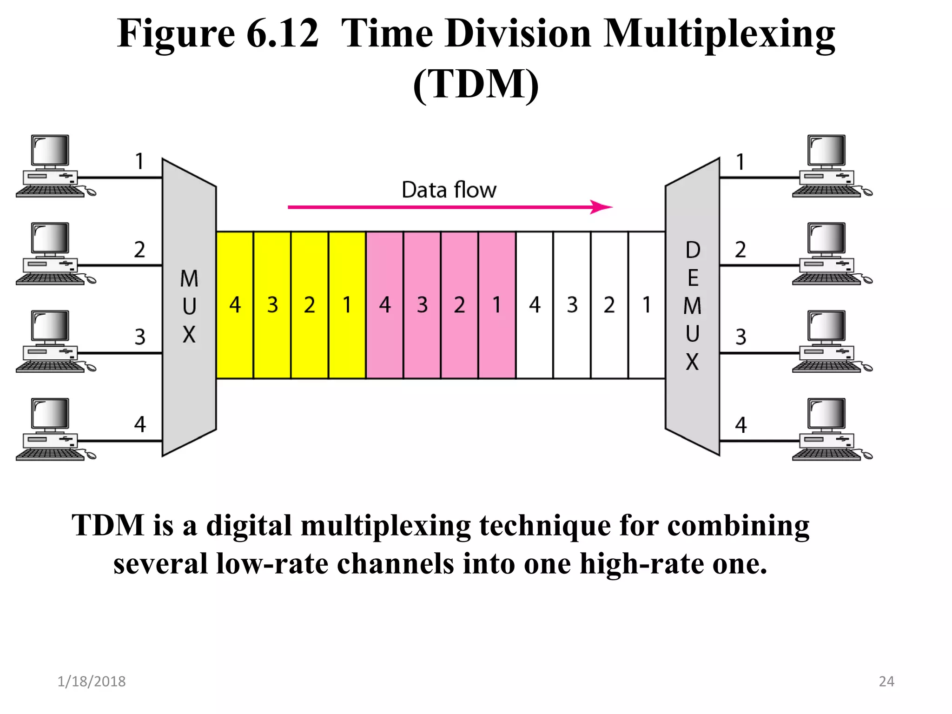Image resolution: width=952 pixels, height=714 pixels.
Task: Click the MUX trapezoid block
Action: (x=189, y=307)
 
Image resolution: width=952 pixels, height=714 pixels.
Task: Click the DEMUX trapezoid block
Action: (x=693, y=307)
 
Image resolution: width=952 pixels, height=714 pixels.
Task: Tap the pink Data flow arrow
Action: (x=450, y=207)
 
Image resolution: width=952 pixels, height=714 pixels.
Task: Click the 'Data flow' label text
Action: (x=449, y=190)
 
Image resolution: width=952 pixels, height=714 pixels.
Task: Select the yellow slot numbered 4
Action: (x=235, y=305)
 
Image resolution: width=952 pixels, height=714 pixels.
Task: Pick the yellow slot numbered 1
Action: (x=347, y=305)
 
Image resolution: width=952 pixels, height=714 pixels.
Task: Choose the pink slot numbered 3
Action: (x=422, y=305)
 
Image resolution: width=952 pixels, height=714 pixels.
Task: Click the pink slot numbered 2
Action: (x=459, y=305)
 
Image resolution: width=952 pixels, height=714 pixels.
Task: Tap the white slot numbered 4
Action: (x=535, y=305)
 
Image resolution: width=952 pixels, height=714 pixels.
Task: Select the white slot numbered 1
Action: (x=647, y=305)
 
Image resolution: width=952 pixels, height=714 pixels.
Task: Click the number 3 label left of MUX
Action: (x=140, y=337)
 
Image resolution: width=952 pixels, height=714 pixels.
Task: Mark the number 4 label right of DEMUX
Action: (x=741, y=425)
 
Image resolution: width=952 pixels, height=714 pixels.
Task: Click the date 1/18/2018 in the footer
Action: (x=92, y=681)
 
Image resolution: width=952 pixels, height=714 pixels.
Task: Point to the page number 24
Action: (x=886, y=681)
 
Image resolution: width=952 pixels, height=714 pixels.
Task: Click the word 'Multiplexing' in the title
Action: (x=719, y=33)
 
